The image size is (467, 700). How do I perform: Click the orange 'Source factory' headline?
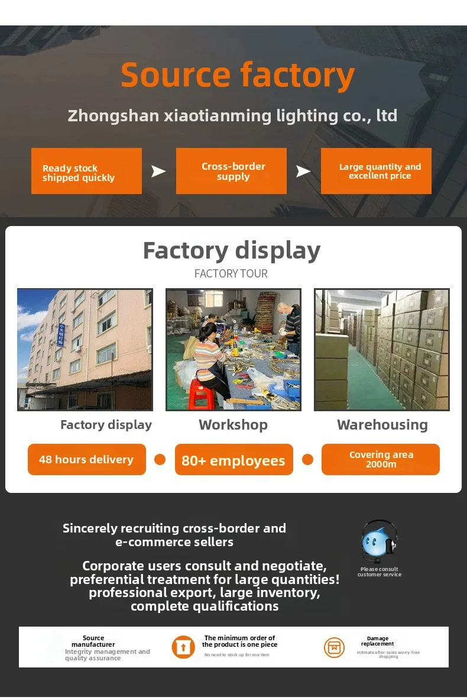click(238, 75)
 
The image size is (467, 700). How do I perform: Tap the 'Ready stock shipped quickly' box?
click(86, 171)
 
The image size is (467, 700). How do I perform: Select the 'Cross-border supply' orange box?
click(231, 171)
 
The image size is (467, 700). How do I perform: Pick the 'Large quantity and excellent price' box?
click(376, 171)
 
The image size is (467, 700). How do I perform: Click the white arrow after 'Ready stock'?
click(158, 172)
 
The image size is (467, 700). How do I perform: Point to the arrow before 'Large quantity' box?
click(303, 172)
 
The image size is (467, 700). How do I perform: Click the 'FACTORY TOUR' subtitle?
click(231, 273)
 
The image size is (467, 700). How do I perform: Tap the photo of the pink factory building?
click(85, 349)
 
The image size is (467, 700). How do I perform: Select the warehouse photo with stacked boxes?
click(381, 349)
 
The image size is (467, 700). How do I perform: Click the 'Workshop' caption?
click(233, 424)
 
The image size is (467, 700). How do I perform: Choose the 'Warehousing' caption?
click(382, 424)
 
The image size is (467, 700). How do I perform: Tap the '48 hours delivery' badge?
click(86, 459)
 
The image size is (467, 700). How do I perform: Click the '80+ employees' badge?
click(234, 460)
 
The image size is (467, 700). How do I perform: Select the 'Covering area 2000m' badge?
click(381, 459)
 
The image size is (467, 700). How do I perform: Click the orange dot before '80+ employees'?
click(160, 459)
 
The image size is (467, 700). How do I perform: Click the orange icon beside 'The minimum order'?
click(183, 647)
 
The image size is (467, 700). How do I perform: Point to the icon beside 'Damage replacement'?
click(334, 647)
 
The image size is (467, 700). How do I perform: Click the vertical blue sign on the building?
click(61, 341)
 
